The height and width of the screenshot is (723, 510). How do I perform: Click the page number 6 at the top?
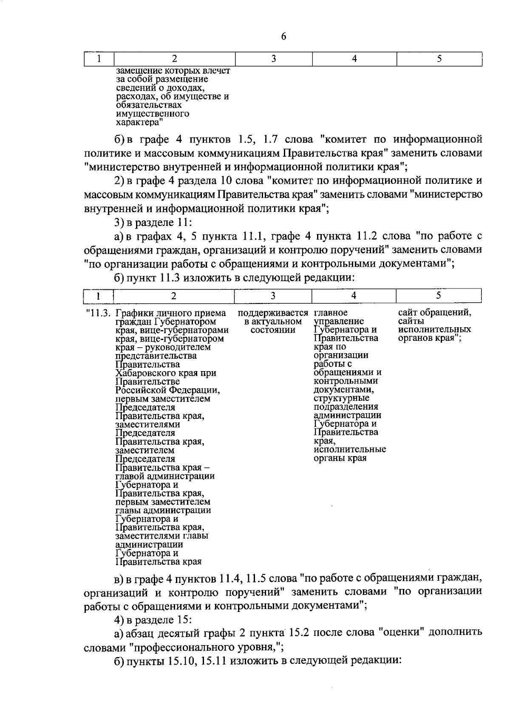[x=283, y=37]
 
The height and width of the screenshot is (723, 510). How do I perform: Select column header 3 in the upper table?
[x=274, y=59]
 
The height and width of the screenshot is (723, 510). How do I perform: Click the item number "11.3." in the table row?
[x=99, y=313]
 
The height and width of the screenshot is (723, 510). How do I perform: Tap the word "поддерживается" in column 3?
[x=273, y=313]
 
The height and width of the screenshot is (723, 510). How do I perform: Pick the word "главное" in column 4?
[x=331, y=313]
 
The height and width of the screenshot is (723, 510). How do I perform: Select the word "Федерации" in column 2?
[x=195, y=390]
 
